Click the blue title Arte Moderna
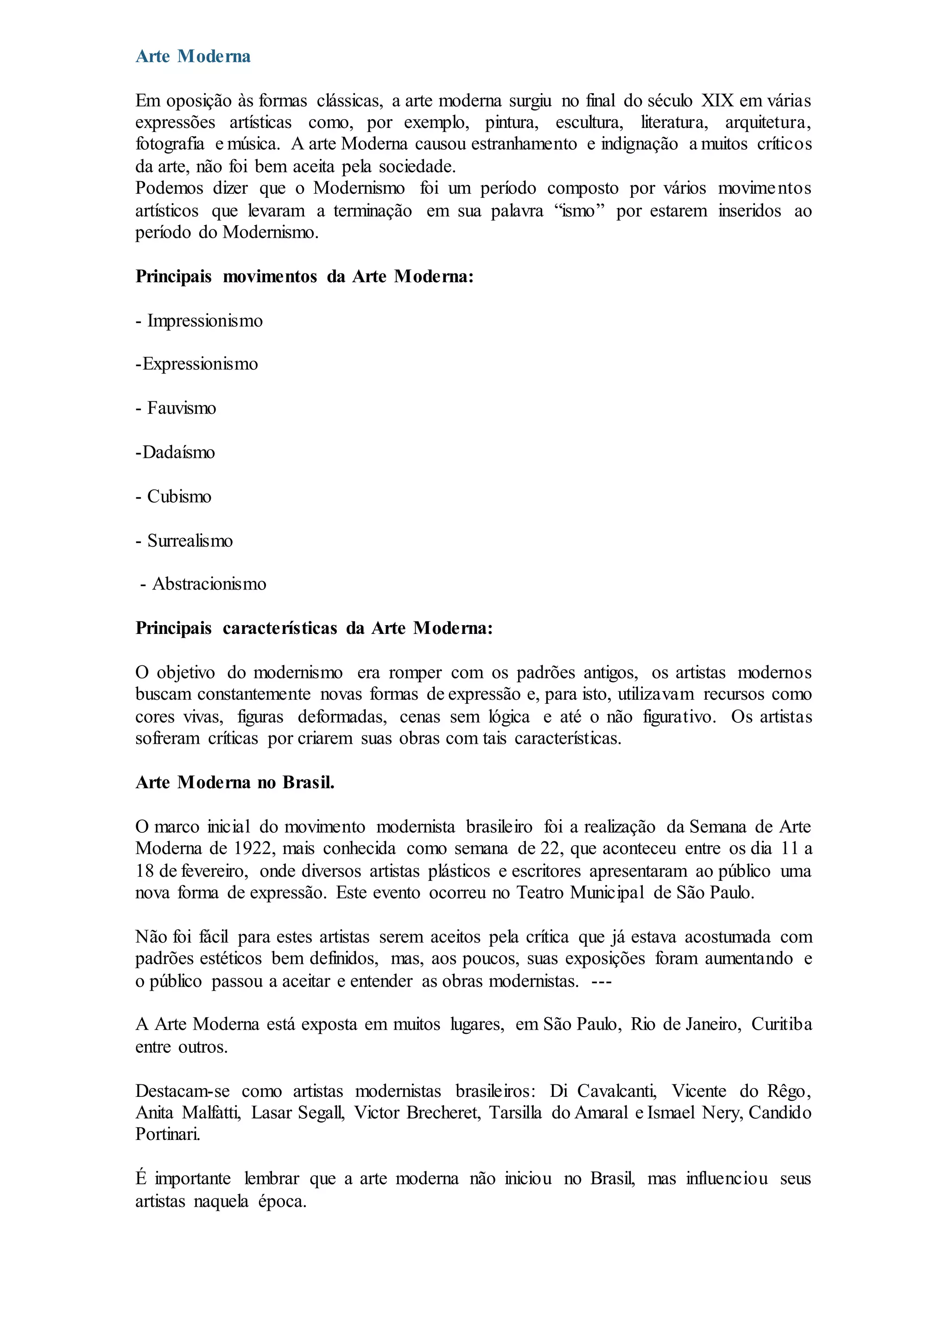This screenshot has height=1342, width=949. [193, 57]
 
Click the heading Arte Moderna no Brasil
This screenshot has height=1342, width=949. [235, 783]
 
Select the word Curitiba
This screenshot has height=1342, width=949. [781, 1025]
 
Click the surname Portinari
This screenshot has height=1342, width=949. [168, 1134]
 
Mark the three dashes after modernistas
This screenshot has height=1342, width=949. [601, 981]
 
